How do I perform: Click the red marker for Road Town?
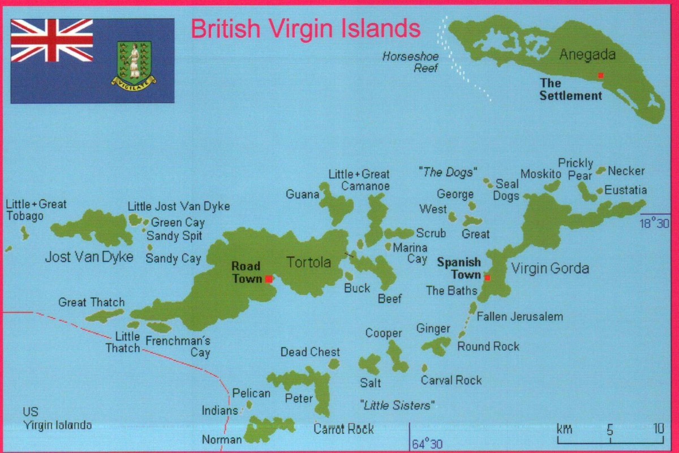click(268, 279)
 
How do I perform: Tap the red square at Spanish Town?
click(487, 277)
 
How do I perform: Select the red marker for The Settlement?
click(601, 75)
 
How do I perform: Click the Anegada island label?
click(587, 55)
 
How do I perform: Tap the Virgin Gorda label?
click(549, 268)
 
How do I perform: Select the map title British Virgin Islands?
click(306, 28)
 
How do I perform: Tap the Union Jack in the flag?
click(52, 40)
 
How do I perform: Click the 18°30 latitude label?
click(654, 223)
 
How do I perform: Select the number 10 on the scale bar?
click(657, 429)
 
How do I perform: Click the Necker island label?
click(626, 171)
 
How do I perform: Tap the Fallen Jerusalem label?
click(520, 317)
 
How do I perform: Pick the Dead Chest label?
click(310, 352)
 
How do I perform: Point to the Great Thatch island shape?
click(104, 315)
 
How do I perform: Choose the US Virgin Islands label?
click(57, 418)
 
